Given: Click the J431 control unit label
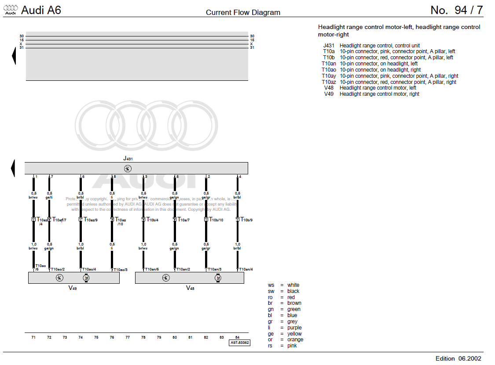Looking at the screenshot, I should coord(128,158).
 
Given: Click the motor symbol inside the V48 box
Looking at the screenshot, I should coord(218,278).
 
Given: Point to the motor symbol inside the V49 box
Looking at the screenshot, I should coord(86,278).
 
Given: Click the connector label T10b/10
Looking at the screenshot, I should coord(216,220).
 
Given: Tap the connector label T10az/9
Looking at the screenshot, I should coord(91,220).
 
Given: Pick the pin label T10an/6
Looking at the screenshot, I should coord(152,269).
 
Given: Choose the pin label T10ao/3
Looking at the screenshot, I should coord(121,270).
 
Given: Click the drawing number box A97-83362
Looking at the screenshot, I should coord(239,343).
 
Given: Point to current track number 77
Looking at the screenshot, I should coord(128,337).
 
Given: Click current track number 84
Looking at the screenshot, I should coord(238,337).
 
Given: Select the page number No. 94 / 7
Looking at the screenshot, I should coord(456,10).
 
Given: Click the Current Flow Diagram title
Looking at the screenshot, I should coord(243,12).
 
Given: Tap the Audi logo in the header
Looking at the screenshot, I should coord(10,10).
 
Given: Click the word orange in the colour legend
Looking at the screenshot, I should coord(295,340).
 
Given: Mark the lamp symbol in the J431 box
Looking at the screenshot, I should coord(128,169).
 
